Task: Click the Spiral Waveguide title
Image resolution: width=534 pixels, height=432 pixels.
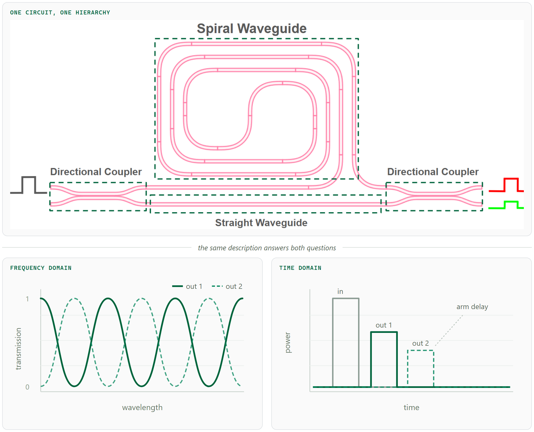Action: click(252, 29)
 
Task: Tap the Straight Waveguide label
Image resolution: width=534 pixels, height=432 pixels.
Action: click(261, 223)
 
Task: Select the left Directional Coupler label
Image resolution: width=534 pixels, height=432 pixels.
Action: click(96, 172)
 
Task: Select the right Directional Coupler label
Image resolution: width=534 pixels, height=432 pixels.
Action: click(433, 172)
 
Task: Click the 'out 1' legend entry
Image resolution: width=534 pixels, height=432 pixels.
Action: click(187, 286)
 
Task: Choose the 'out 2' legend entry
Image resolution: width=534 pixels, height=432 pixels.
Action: click(227, 286)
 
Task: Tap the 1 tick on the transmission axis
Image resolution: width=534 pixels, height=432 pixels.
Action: click(27, 299)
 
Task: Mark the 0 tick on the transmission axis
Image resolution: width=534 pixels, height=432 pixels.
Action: click(27, 387)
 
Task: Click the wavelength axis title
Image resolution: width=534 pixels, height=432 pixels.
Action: click(142, 407)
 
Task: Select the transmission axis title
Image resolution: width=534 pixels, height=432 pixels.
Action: click(18, 349)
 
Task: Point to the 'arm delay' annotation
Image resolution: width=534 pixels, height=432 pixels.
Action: click(472, 307)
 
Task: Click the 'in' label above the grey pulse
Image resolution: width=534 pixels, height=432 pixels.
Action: click(340, 291)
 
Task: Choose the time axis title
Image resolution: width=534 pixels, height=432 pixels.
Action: click(411, 407)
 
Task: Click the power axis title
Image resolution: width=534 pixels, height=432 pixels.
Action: click(288, 343)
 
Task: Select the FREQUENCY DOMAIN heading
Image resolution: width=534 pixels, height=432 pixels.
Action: click(41, 268)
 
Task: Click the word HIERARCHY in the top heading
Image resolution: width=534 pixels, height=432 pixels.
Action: click(93, 13)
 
